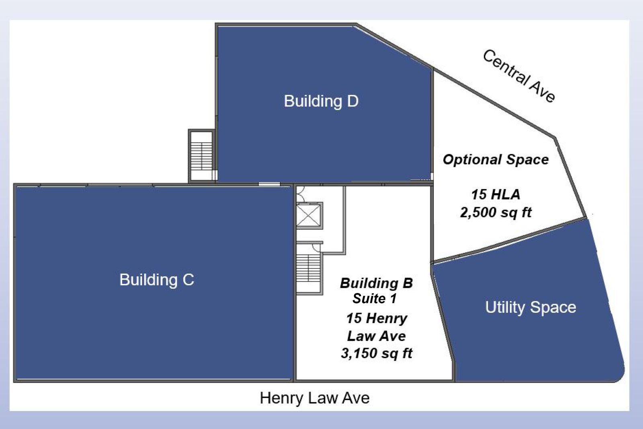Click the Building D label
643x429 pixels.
[321, 101]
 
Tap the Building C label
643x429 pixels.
[157, 279]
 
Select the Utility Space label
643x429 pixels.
[530, 307]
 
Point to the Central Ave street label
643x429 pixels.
[519, 76]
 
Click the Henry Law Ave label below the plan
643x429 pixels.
[315, 398]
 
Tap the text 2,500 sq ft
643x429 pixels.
[496, 212]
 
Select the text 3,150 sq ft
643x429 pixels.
[376, 353]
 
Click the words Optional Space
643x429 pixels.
[496, 160]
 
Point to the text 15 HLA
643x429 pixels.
[496, 194]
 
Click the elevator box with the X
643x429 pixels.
[309, 216]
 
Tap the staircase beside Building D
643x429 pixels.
[202, 156]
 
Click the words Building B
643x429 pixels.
[376, 283]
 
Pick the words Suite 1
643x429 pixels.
[375, 298]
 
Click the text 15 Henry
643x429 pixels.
[377, 318]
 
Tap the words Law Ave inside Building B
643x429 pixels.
[376, 336]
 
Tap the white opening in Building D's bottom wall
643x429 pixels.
[269, 184]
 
